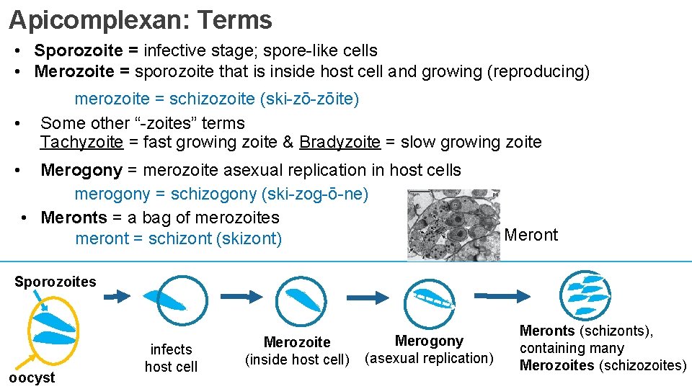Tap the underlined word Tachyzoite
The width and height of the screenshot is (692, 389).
tap(81, 142)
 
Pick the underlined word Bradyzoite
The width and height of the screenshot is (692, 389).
tap(340, 142)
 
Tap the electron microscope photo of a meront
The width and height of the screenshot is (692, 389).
tap(453, 225)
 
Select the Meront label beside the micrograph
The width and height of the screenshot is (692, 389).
tap(531, 235)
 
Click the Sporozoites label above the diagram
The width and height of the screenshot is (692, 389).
tap(55, 282)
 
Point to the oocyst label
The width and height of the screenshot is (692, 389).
tap(32, 377)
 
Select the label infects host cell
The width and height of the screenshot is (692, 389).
tap(171, 358)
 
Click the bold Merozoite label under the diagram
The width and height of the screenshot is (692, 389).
tap(297, 342)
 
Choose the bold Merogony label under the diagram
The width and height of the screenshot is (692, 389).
tap(429, 341)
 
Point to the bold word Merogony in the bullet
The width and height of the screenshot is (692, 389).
tap(81, 170)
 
